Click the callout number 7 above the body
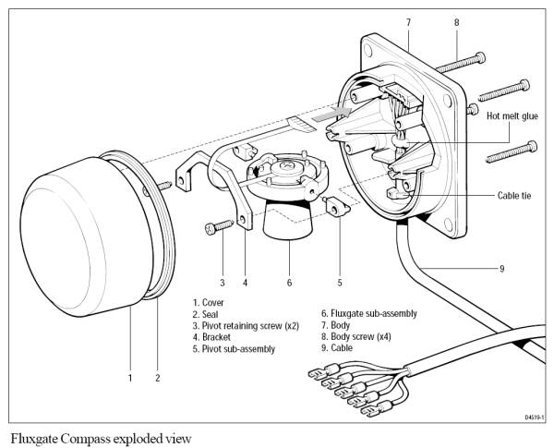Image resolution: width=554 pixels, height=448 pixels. [x=408, y=22]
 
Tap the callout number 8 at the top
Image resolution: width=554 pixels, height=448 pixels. [x=456, y=22]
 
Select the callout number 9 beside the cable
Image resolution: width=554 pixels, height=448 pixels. [x=501, y=269]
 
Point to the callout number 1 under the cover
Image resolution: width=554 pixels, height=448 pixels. [x=130, y=378]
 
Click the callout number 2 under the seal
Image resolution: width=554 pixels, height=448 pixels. [x=158, y=378]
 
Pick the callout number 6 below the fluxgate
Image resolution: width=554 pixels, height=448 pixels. [x=289, y=283]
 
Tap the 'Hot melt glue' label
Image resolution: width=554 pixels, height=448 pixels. [x=512, y=116]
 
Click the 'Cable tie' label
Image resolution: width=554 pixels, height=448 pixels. [x=514, y=196]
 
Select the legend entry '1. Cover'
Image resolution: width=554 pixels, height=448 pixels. [x=208, y=303]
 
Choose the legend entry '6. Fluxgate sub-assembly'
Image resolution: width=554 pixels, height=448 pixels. [x=368, y=314]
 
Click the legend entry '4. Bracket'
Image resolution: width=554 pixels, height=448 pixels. [x=211, y=337]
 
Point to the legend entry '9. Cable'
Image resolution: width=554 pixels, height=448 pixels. [x=337, y=348]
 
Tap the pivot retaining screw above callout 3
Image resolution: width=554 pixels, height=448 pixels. [x=219, y=226]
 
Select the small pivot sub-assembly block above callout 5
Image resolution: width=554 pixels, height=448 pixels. [x=335, y=207]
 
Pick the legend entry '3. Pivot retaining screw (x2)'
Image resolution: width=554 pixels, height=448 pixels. [x=246, y=326]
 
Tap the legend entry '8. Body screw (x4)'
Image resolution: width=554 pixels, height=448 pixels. [x=355, y=336]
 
